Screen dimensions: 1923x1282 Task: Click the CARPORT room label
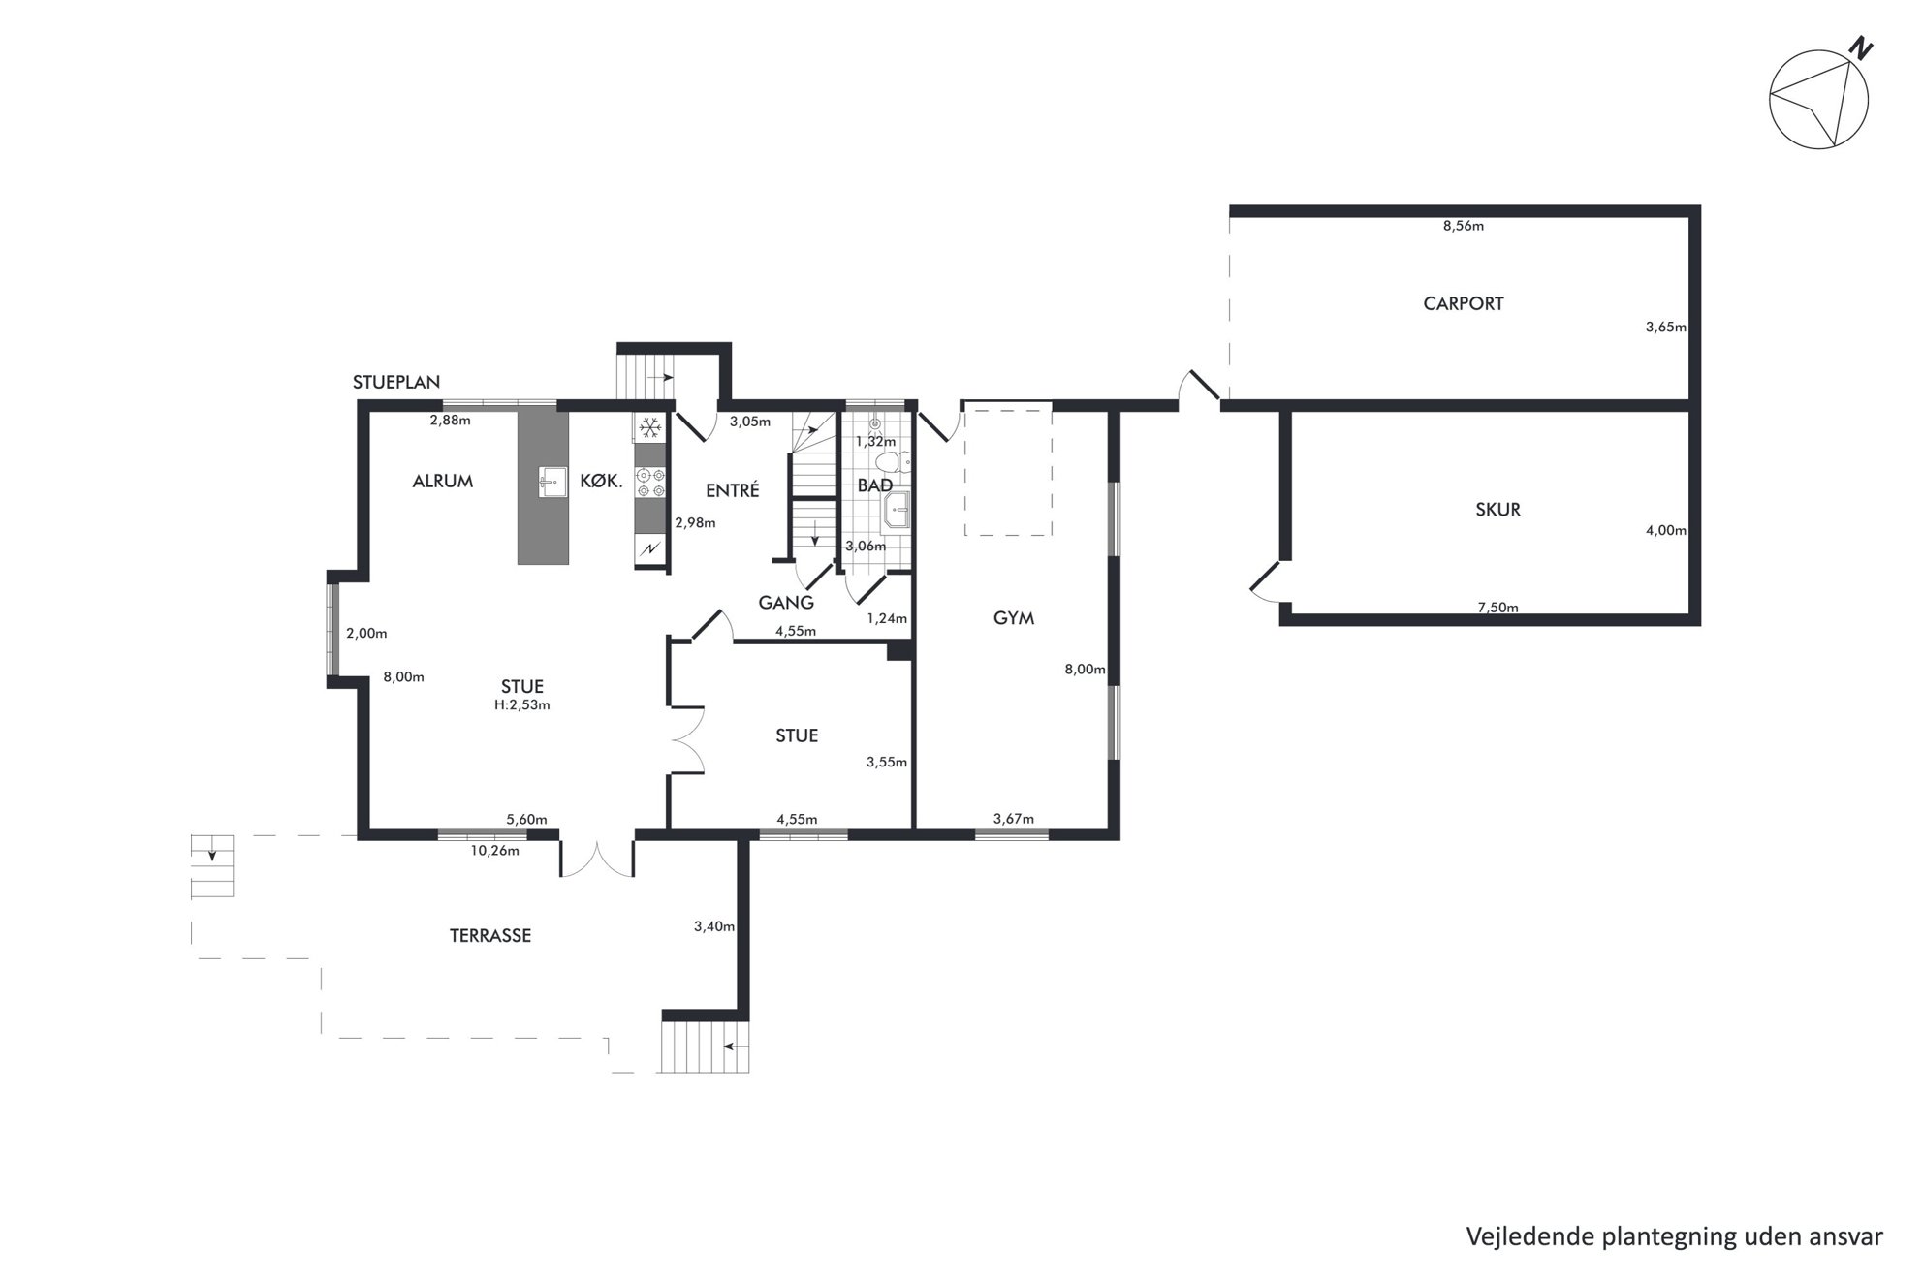[x=1463, y=303]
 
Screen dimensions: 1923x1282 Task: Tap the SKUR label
[x=1497, y=510]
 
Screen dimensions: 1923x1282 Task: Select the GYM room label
[x=1014, y=618]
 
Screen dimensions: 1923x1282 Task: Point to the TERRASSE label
[x=490, y=936]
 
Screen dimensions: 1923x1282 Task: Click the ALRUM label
[x=443, y=481]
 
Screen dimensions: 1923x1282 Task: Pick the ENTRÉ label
[x=733, y=490]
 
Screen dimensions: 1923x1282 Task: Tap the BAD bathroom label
[x=875, y=485]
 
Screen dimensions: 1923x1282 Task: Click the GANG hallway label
[x=786, y=603]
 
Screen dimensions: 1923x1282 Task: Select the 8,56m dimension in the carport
[x=1464, y=226]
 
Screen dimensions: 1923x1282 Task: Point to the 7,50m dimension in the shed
[x=1497, y=608]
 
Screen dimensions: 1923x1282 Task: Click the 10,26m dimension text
[x=495, y=851]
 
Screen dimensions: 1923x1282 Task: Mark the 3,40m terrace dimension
[x=714, y=926]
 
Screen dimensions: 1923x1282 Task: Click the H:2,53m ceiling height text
[x=522, y=705]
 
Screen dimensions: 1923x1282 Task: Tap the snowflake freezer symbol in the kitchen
[x=650, y=427]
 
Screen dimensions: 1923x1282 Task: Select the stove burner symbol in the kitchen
[x=650, y=483]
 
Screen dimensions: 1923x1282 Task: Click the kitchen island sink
[x=553, y=482]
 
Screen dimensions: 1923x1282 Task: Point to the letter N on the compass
[x=1861, y=47]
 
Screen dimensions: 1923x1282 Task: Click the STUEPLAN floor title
[x=396, y=382]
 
